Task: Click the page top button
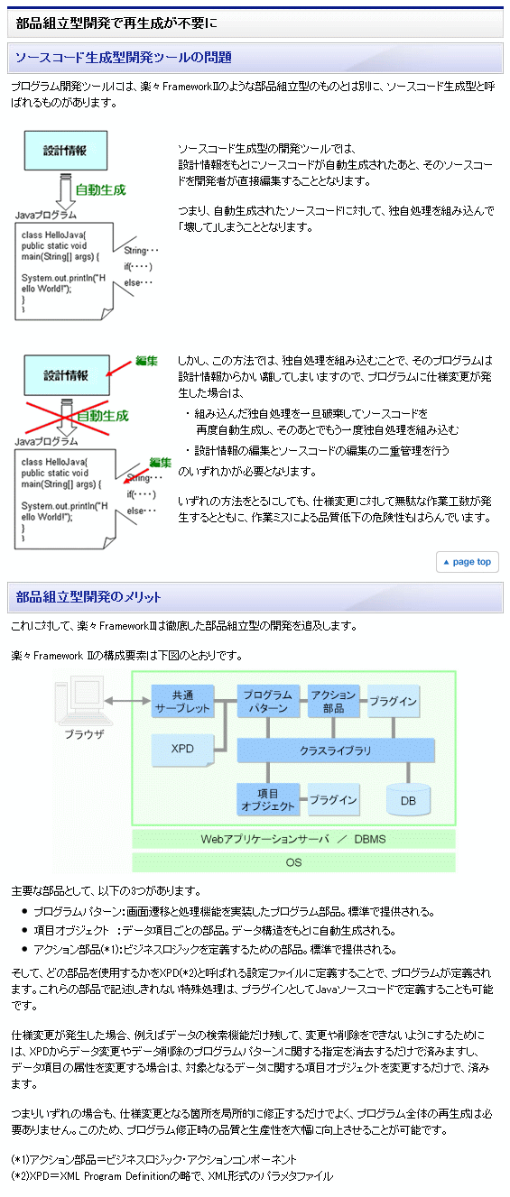pyautogui.click(x=468, y=562)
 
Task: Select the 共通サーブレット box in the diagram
pyautogui.click(x=183, y=702)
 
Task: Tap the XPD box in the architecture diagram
pyautogui.click(x=183, y=750)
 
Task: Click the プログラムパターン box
pyautogui.click(x=268, y=701)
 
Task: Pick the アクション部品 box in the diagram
pyautogui.click(x=334, y=701)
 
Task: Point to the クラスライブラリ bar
pyautogui.click(x=336, y=750)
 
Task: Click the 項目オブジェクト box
pyautogui.click(x=268, y=799)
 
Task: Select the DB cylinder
pyautogui.click(x=408, y=799)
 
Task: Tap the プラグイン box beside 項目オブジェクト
pyautogui.click(x=334, y=799)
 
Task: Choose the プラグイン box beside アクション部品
pyautogui.click(x=394, y=701)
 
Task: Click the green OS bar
pyautogui.click(x=294, y=862)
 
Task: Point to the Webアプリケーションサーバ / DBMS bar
pyautogui.click(x=294, y=839)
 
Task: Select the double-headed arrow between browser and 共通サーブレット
pyautogui.click(x=127, y=701)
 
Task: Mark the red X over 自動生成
pyautogui.click(x=68, y=418)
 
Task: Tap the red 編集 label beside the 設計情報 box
pyautogui.click(x=146, y=361)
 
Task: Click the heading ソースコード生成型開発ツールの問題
pyautogui.click(x=124, y=58)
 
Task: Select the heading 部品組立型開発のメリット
pyautogui.click(x=88, y=597)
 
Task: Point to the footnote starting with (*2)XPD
pyautogui.click(x=172, y=1175)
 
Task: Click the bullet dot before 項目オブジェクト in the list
pyautogui.click(x=24, y=930)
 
